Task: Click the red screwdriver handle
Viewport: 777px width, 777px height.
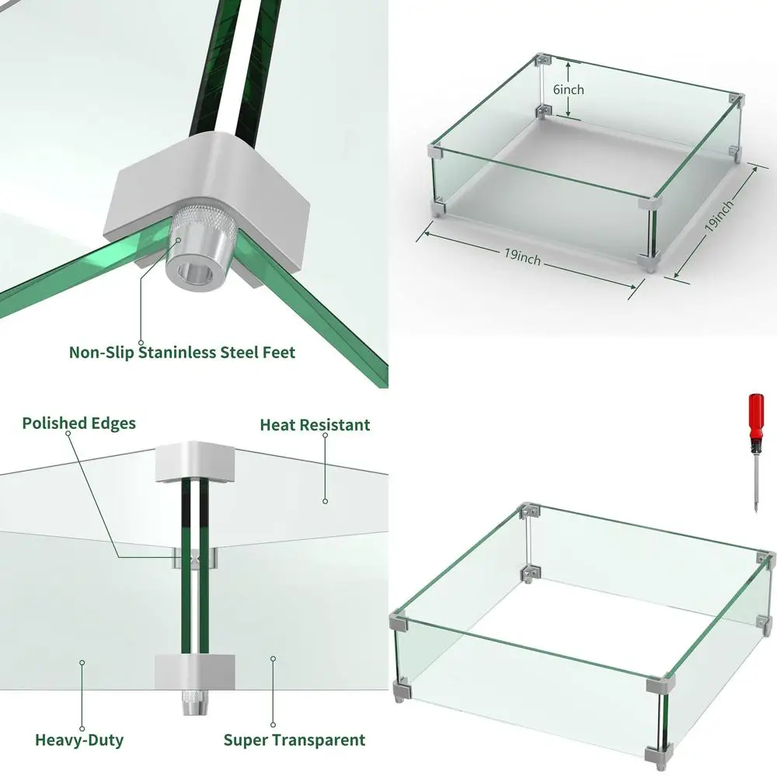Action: pyautogui.click(x=756, y=418)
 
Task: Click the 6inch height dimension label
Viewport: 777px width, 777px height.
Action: pyautogui.click(x=569, y=89)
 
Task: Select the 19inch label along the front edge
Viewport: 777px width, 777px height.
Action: pyautogui.click(x=522, y=256)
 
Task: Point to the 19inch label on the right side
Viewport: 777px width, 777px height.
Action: pyautogui.click(x=719, y=215)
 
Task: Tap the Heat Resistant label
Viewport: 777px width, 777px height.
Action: pyautogui.click(x=315, y=425)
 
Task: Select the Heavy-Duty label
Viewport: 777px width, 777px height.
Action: pyautogui.click(x=79, y=740)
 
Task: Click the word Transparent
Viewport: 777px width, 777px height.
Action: pyautogui.click(x=319, y=740)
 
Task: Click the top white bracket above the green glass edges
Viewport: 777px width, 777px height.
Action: pyautogui.click(x=195, y=462)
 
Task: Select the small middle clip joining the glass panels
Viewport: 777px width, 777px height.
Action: pyautogui.click(x=195, y=559)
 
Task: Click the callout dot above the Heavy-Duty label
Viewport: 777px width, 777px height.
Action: pyautogui.click(x=82, y=663)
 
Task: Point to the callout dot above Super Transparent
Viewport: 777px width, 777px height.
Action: pyautogui.click(x=273, y=659)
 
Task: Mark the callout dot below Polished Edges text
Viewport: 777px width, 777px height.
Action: pyautogui.click(x=68, y=433)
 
